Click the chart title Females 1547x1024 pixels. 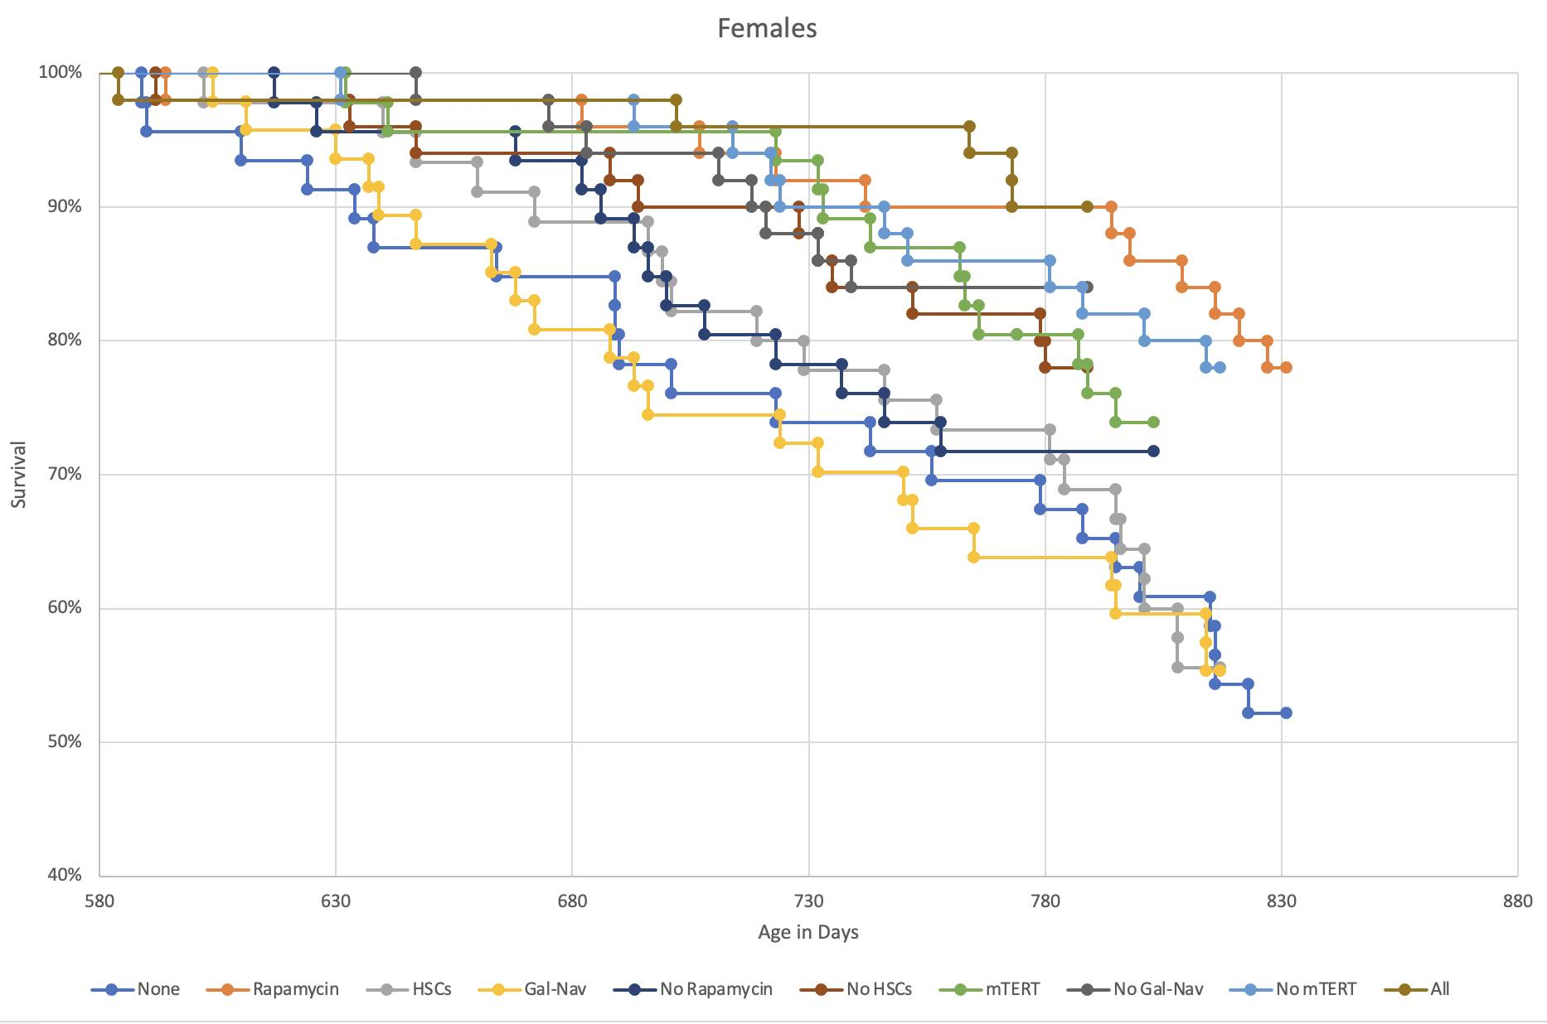pos(767,28)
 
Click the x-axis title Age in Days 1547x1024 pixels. pos(808,932)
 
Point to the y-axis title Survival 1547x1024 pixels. pos(18,474)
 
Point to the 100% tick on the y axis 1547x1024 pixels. pos(61,73)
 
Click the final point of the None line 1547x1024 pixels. pos(1286,712)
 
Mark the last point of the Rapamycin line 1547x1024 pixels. pos(1286,367)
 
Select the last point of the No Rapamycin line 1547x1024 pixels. pos(1153,451)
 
